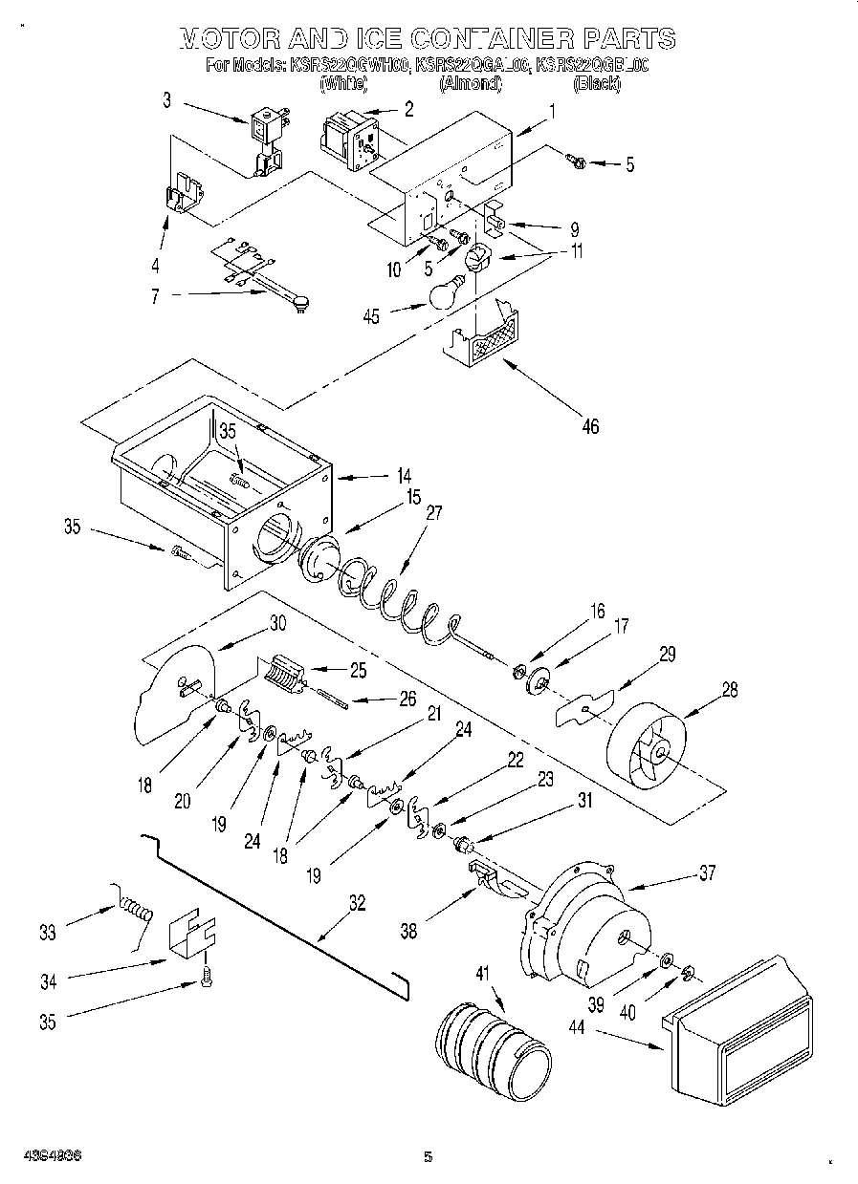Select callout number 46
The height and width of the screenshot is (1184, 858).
[x=590, y=426]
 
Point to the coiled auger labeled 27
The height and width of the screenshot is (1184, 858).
[x=392, y=599]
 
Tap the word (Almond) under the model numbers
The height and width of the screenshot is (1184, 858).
[x=470, y=84]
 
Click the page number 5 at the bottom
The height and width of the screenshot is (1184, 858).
[x=429, y=1157]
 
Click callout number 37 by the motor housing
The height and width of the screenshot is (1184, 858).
[x=706, y=872]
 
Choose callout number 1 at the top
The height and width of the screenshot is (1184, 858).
[x=551, y=109]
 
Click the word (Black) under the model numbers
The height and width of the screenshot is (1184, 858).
[x=597, y=84]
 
